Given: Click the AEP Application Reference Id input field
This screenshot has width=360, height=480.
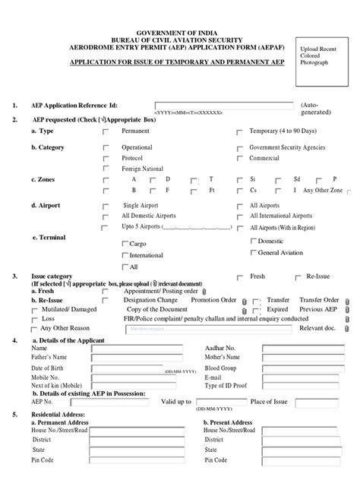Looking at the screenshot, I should [x=225, y=106].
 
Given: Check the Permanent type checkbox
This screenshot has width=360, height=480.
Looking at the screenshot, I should [x=106, y=131].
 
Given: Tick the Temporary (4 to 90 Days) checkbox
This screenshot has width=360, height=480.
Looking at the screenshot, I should [x=239, y=131].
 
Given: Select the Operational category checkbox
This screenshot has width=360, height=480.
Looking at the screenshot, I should [x=106, y=147].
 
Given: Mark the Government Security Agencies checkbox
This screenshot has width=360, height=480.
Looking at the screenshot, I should [x=239, y=147].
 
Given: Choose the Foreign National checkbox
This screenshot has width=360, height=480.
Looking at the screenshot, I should [x=106, y=169].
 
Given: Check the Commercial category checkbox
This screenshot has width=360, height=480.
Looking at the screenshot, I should [x=239, y=158].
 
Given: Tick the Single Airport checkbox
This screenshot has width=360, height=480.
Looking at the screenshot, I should [x=106, y=206].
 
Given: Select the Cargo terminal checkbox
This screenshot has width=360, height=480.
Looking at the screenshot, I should [x=125, y=244].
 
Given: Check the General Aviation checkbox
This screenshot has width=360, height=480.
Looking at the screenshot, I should [x=253, y=252].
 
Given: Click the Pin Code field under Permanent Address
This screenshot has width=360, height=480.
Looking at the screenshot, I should [x=149, y=459].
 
